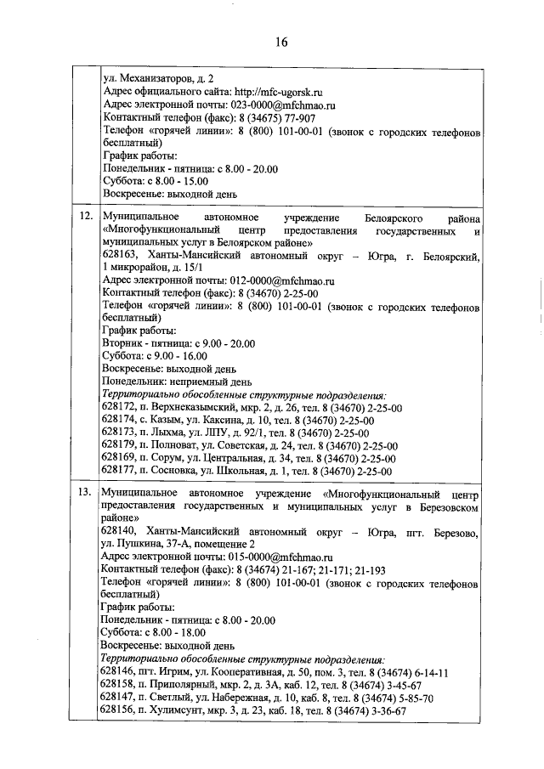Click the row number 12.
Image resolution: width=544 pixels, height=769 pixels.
(x=85, y=218)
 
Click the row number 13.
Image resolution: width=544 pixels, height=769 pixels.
(x=85, y=493)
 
